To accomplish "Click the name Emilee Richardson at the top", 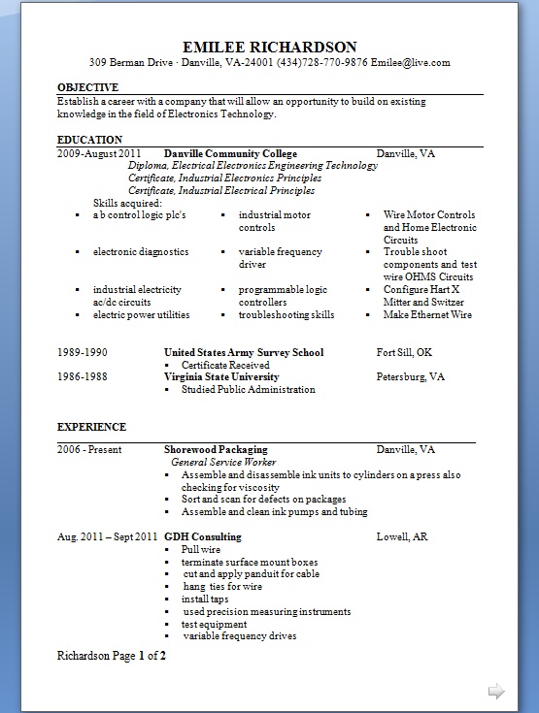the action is tap(269, 47).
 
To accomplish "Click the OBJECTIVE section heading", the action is tap(88, 87).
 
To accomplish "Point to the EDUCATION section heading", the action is tap(89, 140).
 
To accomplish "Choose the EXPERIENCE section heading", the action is tap(91, 427).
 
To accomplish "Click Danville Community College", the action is tap(230, 154).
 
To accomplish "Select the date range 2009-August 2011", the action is tap(99, 154).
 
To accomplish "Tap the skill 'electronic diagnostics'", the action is tap(141, 252).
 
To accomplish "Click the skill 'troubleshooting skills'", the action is tap(286, 315).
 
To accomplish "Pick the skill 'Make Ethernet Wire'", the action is tap(427, 315).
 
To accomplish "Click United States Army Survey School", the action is tap(244, 353).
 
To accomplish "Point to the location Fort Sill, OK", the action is tap(404, 353).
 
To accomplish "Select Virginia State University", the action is tap(221, 377).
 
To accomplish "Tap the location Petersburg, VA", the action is tap(411, 377).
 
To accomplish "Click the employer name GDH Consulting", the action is tap(203, 537).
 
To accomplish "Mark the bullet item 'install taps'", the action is tap(205, 600).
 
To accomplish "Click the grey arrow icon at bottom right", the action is tap(496, 692).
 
